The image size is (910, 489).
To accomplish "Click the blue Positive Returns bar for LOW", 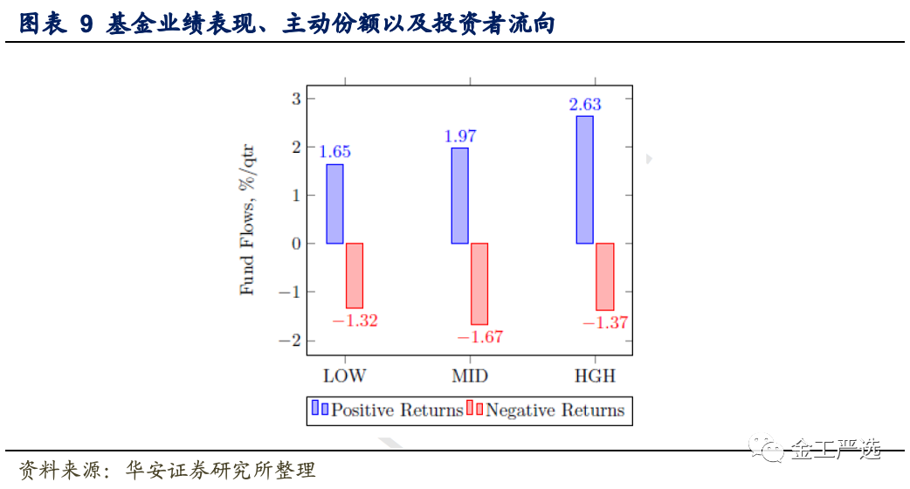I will click(334, 203).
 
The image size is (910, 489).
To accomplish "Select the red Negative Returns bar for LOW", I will click(354, 275).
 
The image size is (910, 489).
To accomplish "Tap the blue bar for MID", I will click(459, 196).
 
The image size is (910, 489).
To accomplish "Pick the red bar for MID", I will click(479, 284).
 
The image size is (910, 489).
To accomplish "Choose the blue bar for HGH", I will click(584, 180).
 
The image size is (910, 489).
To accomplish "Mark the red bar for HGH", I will click(604, 277).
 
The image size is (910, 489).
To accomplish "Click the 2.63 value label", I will click(585, 105).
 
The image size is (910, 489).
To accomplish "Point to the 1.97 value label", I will click(460, 136).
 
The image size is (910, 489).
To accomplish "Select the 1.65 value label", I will click(334, 152).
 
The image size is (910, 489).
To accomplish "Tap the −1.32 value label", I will click(355, 320).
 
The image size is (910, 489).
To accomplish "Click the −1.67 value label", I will click(479, 337).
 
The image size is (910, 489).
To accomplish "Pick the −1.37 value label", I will click(604, 323).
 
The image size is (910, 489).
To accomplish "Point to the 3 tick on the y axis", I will click(296, 99).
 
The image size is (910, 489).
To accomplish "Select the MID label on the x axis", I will click(470, 376).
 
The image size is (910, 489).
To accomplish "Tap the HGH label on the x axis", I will click(595, 376).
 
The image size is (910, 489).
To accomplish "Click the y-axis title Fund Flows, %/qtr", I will click(248, 219).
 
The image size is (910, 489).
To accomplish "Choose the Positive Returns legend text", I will click(397, 410).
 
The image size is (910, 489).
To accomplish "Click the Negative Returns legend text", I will click(555, 410).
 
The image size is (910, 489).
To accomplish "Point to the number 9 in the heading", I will click(86, 24).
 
